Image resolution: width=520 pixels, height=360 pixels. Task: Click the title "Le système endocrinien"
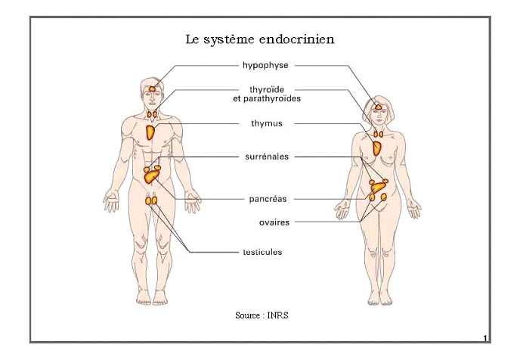[260, 38]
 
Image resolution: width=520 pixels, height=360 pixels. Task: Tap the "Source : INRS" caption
[262, 314]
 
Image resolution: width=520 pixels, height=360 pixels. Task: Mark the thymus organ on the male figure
[151, 132]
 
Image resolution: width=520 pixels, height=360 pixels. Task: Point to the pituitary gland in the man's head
[152, 88]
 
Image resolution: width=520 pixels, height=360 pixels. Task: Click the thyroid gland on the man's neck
[153, 116]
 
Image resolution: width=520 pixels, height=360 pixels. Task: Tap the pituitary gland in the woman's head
[377, 107]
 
